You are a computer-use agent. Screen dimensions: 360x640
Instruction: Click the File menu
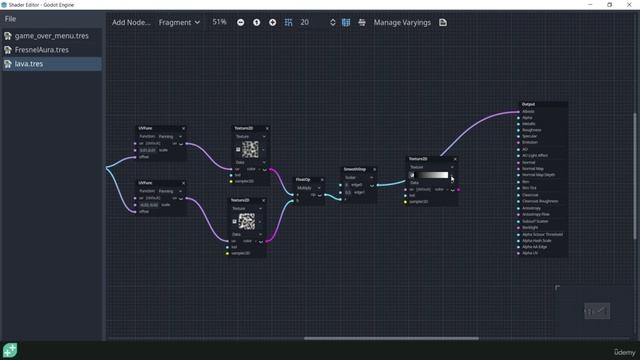(10, 18)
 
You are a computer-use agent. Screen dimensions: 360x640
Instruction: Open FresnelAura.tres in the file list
(41, 49)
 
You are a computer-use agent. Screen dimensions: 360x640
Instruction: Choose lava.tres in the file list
(29, 63)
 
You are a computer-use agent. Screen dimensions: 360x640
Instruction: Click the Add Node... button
(132, 22)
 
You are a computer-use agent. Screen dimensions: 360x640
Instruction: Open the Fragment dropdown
(179, 22)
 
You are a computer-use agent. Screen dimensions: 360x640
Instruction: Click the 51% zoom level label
(219, 22)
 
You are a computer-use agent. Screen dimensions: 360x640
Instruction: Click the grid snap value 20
(304, 22)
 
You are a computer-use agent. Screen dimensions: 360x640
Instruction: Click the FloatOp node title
(302, 179)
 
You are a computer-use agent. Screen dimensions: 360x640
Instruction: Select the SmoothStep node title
(355, 169)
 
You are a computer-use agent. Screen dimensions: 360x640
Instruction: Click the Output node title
(528, 104)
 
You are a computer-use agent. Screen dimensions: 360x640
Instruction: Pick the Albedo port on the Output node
(528, 111)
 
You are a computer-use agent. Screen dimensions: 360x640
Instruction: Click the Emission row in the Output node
(530, 142)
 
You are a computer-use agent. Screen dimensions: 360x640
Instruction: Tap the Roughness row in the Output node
(531, 130)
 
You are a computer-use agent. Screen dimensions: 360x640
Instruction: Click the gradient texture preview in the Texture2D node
(431, 175)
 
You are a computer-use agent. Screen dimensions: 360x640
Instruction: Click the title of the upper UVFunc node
(145, 128)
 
